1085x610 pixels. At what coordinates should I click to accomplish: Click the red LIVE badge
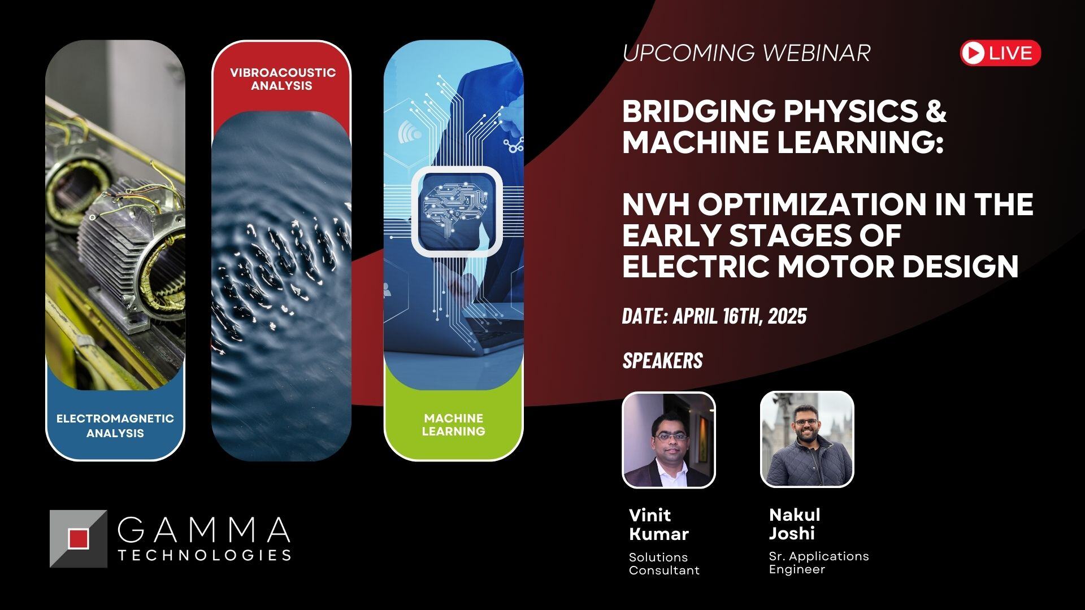[x=1000, y=53]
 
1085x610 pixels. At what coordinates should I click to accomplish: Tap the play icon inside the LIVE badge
[x=973, y=53]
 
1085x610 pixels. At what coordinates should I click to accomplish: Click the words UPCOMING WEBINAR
[x=746, y=53]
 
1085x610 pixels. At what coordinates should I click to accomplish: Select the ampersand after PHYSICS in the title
[x=936, y=111]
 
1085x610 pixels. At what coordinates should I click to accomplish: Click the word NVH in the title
[x=656, y=204]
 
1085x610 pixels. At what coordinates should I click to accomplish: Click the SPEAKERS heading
[x=662, y=361]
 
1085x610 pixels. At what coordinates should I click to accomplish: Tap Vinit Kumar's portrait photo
[x=669, y=439]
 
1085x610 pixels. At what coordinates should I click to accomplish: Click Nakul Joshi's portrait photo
[x=806, y=439]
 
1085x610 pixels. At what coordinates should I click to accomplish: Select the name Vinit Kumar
[x=658, y=524]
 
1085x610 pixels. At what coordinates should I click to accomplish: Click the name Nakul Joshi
[x=794, y=524]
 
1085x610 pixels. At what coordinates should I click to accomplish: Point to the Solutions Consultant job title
[x=664, y=564]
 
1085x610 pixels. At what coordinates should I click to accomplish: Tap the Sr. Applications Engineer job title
[x=818, y=563]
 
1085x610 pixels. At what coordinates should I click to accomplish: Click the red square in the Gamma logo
[x=78, y=538]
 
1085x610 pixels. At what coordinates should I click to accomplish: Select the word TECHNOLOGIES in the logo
[x=204, y=555]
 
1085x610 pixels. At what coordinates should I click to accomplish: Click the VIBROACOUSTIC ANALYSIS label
[x=282, y=79]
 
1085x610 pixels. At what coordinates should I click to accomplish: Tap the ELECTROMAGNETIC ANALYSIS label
[x=115, y=426]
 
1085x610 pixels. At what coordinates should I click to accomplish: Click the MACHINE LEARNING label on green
[x=453, y=425]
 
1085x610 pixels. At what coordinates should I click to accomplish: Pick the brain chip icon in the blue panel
[x=457, y=211]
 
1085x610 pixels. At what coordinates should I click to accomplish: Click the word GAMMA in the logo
[x=204, y=529]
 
